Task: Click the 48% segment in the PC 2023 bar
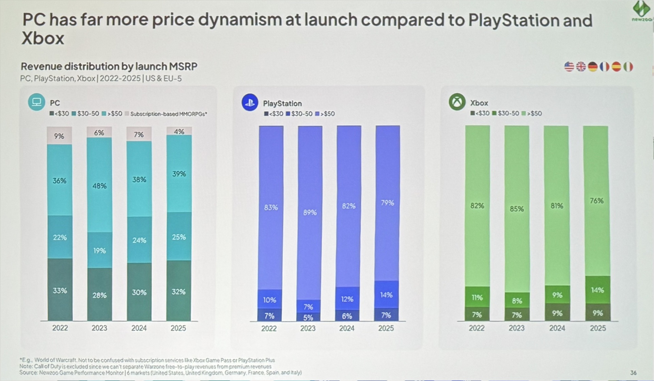tap(99, 186)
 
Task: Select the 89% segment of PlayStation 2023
tap(310, 213)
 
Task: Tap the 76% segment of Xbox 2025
tap(596, 201)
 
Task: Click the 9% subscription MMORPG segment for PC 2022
tap(59, 136)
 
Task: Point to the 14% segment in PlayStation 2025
tap(387, 294)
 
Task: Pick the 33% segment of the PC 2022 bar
tap(60, 290)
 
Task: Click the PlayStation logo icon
tap(250, 102)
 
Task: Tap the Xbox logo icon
tap(457, 102)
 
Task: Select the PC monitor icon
tap(36, 102)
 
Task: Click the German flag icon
tap(593, 67)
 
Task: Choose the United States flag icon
tap(569, 67)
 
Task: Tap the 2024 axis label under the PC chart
tap(139, 328)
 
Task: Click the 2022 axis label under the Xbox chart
tap(477, 328)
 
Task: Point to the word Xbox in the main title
tap(43, 38)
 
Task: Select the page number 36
tap(633, 373)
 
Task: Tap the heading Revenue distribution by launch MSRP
tap(109, 66)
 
